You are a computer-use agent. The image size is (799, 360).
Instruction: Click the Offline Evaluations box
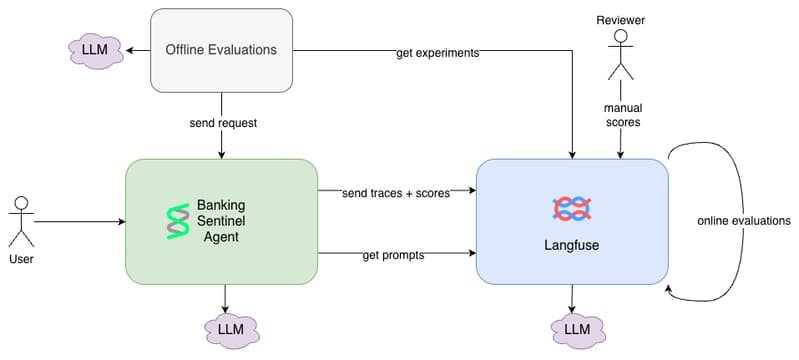(x=221, y=50)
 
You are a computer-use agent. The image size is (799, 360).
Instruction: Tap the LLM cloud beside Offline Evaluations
(x=95, y=51)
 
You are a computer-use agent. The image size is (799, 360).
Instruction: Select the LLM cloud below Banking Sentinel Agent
(x=231, y=329)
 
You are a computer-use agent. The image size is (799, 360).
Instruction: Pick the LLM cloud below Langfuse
(x=578, y=329)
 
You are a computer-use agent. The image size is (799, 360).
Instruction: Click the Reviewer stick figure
(x=621, y=55)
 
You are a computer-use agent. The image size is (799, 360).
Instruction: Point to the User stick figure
(x=21, y=221)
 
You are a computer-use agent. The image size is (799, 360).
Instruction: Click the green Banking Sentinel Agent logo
(x=177, y=221)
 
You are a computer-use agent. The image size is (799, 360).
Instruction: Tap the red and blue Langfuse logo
(x=572, y=209)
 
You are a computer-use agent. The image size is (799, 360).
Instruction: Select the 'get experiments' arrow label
(x=438, y=53)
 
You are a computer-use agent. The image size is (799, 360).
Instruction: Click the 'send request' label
(x=223, y=123)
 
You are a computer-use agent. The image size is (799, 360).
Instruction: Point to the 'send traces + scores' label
(x=396, y=193)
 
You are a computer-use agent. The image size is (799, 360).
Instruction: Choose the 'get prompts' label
(x=393, y=255)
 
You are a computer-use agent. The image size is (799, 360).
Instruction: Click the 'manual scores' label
(x=622, y=115)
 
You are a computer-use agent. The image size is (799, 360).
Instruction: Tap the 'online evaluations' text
(x=744, y=221)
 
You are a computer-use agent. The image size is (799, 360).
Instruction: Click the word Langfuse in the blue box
(x=572, y=245)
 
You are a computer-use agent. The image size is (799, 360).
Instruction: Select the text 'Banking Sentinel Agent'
(x=221, y=221)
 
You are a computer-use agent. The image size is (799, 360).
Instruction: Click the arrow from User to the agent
(x=79, y=222)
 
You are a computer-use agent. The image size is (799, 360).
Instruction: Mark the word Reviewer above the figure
(x=621, y=20)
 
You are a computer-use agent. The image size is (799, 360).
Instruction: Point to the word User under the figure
(x=21, y=259)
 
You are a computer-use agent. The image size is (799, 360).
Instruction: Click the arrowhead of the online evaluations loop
(x=670, y=290)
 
